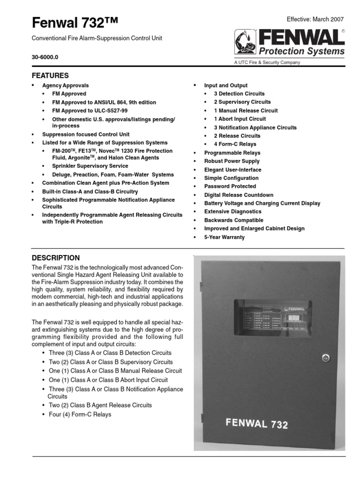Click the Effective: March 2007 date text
click(315, 19)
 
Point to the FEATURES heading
click(50, 75)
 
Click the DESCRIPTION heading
click(55, 258)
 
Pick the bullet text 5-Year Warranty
click(224, 237)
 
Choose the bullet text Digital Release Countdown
click(239, 195)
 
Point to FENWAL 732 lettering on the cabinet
click(257, 423)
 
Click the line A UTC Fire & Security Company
click(267, 62)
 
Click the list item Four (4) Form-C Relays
click(80, 414)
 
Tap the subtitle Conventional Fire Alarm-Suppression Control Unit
click(97, 38)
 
